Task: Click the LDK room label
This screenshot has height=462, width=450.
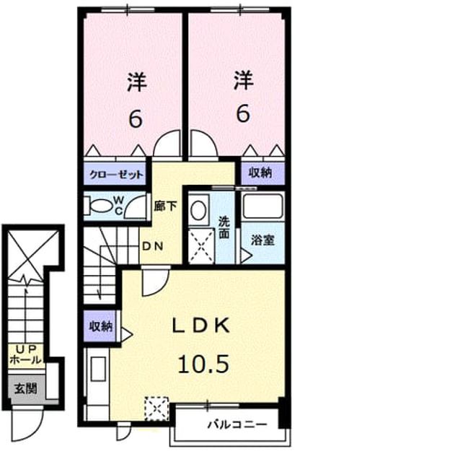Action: (x=200, y=326)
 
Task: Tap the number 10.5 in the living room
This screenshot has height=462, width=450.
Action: (x=203, y=364)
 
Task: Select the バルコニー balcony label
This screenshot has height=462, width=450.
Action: (x=237, y=424)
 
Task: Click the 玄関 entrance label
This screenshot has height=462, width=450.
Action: (x=26, y=388)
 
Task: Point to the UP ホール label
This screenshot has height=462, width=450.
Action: (x=26, y=354)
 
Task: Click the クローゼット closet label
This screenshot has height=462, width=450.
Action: (x=116, y=175)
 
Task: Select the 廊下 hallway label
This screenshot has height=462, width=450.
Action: (x=165, y=206)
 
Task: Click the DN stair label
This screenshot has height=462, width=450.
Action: (x=152, y=246)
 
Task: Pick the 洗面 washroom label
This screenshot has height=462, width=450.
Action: (x=224, y=227)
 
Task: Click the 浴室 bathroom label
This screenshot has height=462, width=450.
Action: (x=262, y=240)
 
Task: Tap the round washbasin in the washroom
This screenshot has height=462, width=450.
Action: (x=198, y=210)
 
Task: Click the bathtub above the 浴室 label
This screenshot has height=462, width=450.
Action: (x=262, y=206)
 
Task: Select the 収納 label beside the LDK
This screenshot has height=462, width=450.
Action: (x=101, y=326)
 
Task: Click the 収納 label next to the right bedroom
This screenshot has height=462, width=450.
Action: (x=260, y=173)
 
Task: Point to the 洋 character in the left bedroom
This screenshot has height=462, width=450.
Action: (x=137, y=82)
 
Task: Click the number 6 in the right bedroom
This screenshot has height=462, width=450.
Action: (x=243, y=114)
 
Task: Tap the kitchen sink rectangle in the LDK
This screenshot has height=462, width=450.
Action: (x=98, y=369)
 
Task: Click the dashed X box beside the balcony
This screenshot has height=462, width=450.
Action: (x=156, y=409)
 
